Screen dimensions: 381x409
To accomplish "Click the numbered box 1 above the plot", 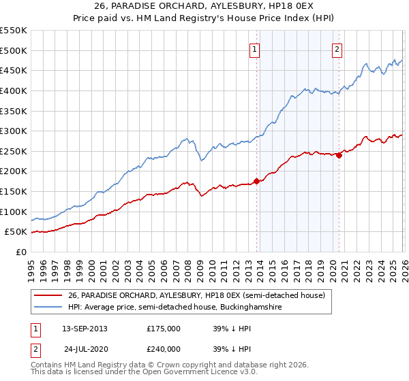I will pos(254,48).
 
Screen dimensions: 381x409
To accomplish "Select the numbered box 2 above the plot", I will pos(337,48).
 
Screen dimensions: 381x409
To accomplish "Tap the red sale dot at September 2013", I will pos(256,181).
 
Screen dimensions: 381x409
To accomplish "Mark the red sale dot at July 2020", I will pos(339,155).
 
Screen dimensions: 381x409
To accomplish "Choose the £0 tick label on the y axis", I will pos(20,252).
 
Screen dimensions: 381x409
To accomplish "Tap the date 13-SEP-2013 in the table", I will pos(84,328).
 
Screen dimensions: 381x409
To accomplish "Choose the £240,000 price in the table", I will pos(164,348).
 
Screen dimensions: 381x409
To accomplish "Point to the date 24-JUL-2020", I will pos(86,348).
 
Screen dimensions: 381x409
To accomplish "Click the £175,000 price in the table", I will pos(164,328).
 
